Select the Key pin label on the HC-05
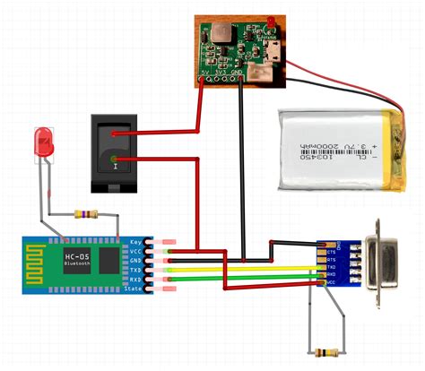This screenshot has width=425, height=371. tap(136, 242)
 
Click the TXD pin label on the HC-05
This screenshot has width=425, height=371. tap(136, 270)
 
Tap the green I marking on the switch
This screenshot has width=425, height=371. tap(115, 163)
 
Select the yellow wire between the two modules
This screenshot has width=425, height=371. tap(233, 268)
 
